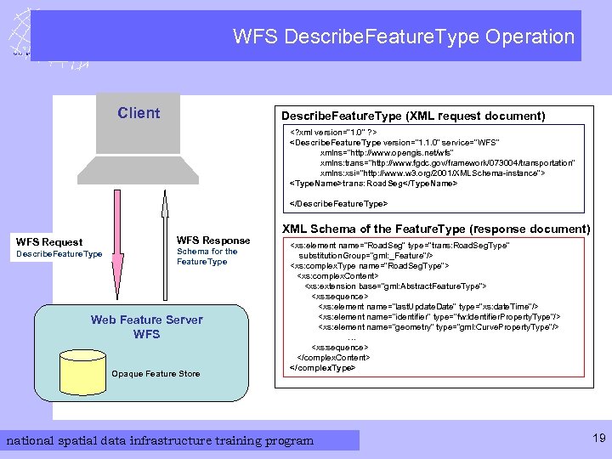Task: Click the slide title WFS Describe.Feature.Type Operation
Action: (x=404, y=37)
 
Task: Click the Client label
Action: (x=139, y=113)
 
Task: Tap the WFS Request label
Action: (x=50, y=242)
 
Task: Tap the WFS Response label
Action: (x=212, y=241)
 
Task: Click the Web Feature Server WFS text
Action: (x=146, y=326)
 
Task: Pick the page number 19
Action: (x=598, y=439)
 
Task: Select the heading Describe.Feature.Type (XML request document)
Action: (x=413, y=116)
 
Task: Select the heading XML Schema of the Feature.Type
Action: (x=435, y=229)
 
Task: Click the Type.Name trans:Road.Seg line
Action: (x=373, y=183)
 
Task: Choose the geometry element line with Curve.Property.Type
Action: (x=438, y=326)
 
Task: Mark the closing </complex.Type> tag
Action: (x=322, y=368)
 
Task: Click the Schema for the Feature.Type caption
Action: (x=207, y=256)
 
